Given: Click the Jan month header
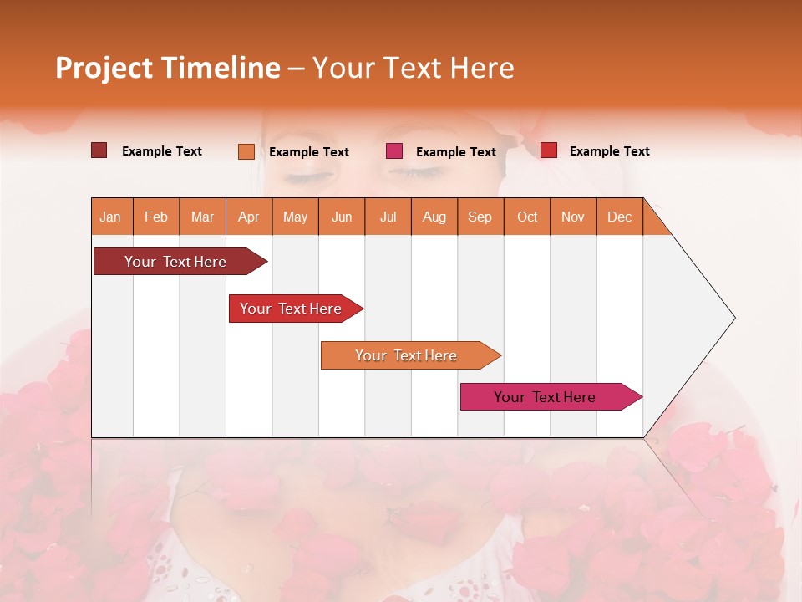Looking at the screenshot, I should pos(110,217).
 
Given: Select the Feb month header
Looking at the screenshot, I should pos(156,217).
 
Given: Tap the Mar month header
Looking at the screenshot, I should pos(202,217).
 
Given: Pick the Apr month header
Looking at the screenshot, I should pos(248,217).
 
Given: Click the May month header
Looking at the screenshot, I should pos(295,217).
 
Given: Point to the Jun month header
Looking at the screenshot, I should pos(342,217).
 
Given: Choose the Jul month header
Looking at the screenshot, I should pos(388,217).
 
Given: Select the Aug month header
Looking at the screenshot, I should pos(434,217).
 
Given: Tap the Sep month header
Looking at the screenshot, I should pos(480,217).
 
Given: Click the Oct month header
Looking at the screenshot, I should pos(527,217).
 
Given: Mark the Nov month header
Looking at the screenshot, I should pos(573,217).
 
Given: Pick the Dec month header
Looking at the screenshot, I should pos(619,217).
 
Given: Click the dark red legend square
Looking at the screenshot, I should pos(99,150).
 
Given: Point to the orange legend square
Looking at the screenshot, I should pos(246,151).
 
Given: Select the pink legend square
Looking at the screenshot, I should pos(394,151).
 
